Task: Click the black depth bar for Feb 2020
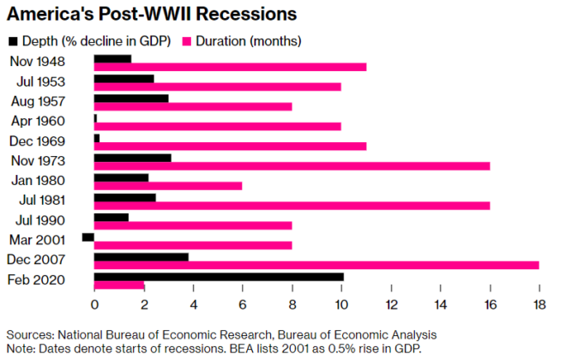tap(219, 276)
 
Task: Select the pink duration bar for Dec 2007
tap(316, 265)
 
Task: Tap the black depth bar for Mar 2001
tap(88, 237)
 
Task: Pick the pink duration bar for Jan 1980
tap(168, 186)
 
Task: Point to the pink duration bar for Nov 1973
tap(292, 166)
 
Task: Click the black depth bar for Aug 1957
tap(131, 98)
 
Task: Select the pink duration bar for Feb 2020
tap(119, 285)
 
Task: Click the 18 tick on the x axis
tap(539, 305)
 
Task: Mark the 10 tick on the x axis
tap(341, 305)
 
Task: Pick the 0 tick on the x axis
tap(94, 305)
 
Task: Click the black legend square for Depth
tap(13, 40)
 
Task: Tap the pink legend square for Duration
tap(188, 40)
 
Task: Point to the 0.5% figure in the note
tap(343, 348)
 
